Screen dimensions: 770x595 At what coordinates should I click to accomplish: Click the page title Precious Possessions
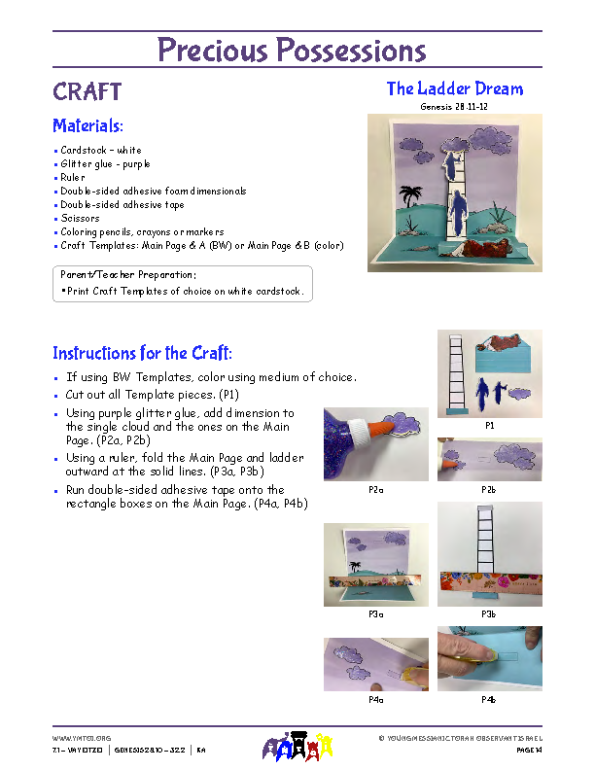(292, 50)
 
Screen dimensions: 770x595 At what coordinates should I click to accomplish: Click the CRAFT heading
(87, 92)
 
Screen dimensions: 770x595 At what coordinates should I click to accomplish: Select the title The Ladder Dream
(454, 88)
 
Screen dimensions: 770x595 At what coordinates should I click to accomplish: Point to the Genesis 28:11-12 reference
(454, 106)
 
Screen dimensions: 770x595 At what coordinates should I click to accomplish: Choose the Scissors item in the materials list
(80, 219)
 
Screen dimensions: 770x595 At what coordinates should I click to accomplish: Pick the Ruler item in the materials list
(73, 178)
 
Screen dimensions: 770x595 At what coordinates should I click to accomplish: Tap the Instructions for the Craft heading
(142, 353)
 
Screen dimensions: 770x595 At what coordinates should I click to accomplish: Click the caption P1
(489, 425)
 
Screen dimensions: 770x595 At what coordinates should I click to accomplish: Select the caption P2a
(375, 490)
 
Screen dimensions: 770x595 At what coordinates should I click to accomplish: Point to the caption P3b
(489, 614)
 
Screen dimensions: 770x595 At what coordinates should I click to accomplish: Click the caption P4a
(375, 699)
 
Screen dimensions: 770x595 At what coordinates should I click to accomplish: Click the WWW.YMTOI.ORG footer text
(75, 738)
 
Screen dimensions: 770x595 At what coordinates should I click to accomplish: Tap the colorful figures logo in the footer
(297, 747)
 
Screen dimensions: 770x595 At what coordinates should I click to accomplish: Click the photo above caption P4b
(489, 657)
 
